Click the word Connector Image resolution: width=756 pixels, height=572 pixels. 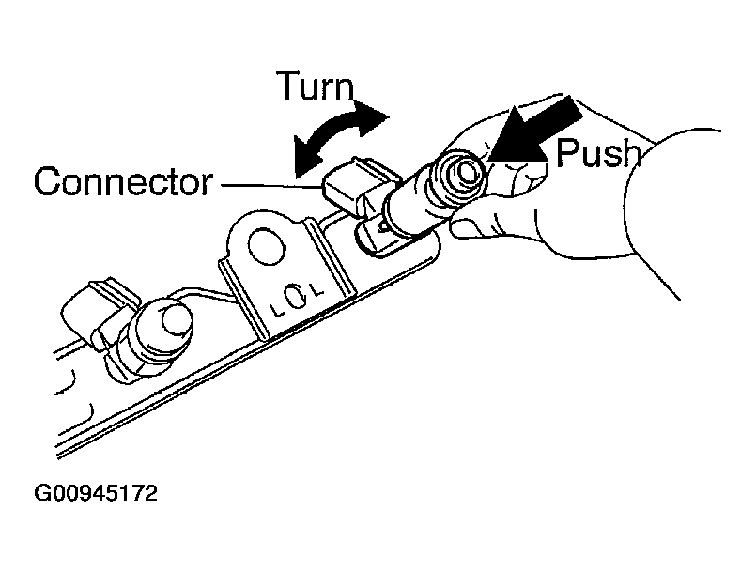tap(123, 182)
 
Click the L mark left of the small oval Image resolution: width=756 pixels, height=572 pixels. tap(273, 307)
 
